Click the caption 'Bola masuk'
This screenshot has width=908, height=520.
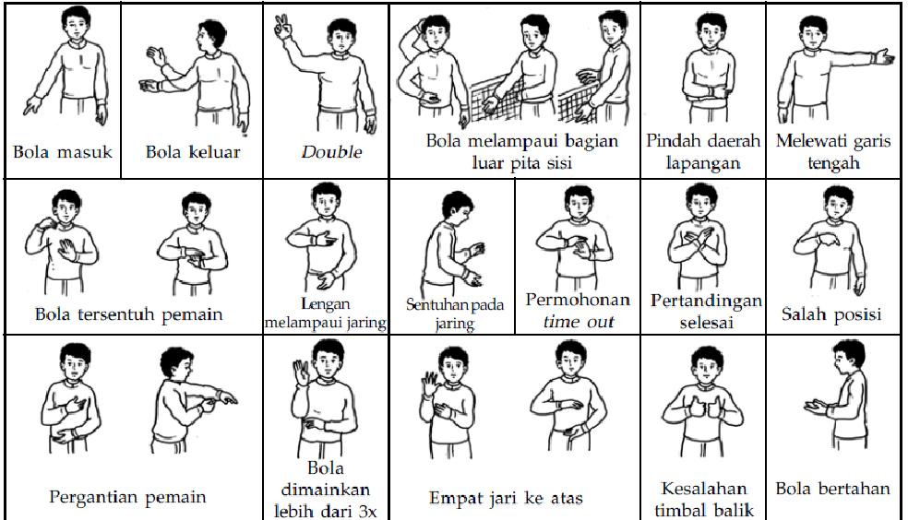(62, 150)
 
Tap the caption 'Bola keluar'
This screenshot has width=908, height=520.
(193, 151)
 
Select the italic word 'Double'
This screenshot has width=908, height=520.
(331, 152)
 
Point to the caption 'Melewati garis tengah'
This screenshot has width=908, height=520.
(833, 152)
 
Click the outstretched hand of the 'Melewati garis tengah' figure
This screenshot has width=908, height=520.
(885, 58)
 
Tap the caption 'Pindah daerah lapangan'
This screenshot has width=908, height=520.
(703, 152)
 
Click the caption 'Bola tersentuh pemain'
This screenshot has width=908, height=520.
(129, 314)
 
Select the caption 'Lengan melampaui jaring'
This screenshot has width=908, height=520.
(325, 313)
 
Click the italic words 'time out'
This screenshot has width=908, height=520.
(579, 322)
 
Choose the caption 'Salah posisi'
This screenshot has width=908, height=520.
(831, 313)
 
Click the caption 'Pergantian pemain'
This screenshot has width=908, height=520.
(127, 497)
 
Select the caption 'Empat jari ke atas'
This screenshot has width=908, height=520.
(506, 499)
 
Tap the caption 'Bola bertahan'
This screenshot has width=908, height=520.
(832, 488)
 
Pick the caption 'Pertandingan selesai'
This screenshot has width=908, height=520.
(706, 312)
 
